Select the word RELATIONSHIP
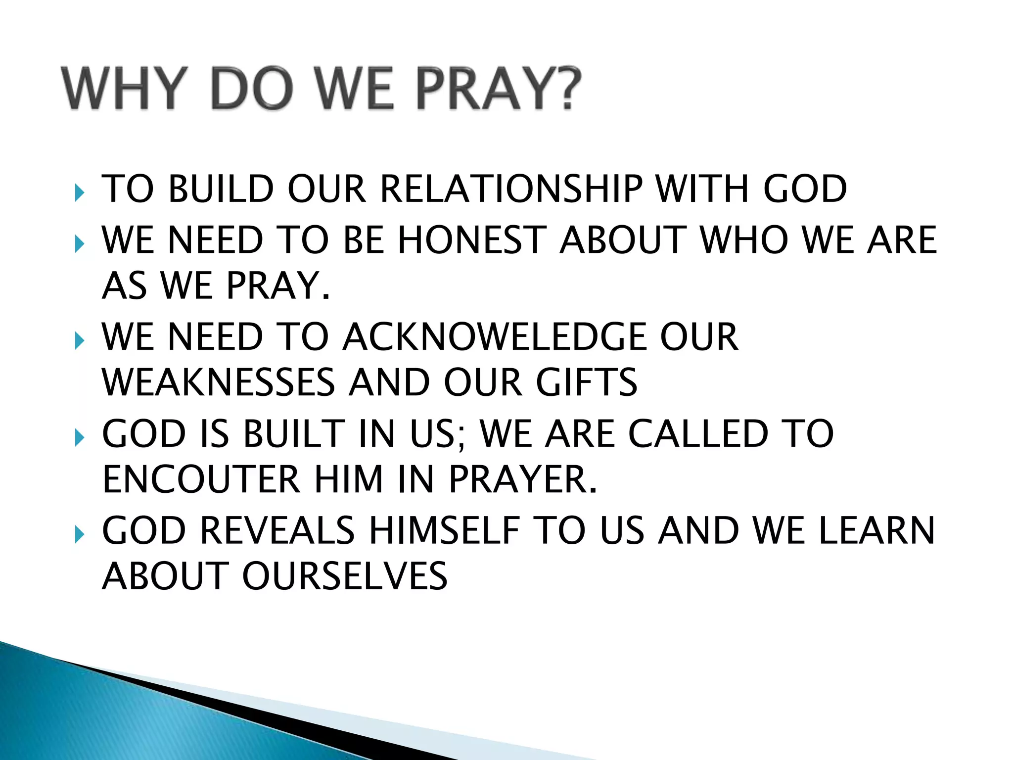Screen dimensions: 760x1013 [x=511, y=189]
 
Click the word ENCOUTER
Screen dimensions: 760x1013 [x=201, y=479]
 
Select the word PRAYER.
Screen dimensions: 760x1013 [x=522, y=479]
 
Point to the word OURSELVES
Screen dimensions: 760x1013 [x=344, y=576]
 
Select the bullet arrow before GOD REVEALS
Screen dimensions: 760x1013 [x=79, y=534]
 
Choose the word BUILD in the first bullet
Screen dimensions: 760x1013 [x=221, y=189]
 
